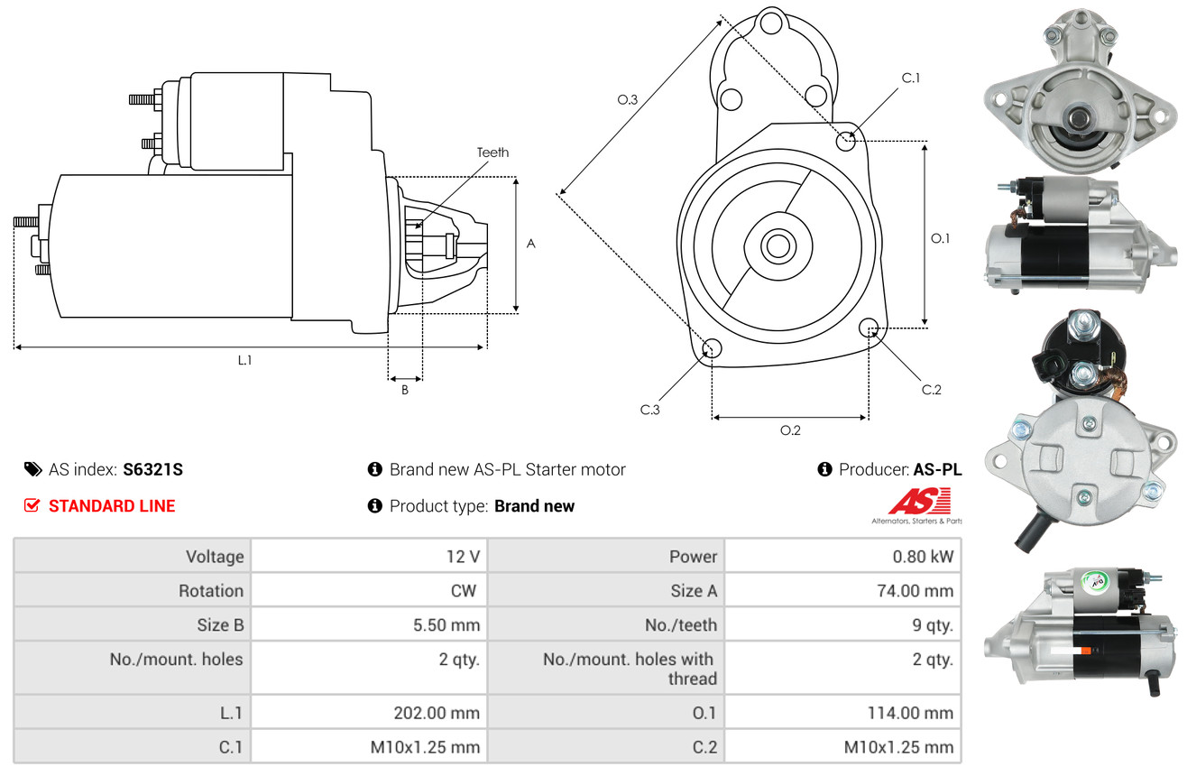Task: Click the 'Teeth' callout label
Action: (492, 152)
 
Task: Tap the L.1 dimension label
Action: (244, 360)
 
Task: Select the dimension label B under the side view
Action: (405, 390)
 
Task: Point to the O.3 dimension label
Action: (628, 100)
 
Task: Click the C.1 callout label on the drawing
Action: (911, 79)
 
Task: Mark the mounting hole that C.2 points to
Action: (869, 328)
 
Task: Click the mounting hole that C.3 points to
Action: (712, 349)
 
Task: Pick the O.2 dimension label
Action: (790, 430)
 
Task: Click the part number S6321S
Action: (153, 469)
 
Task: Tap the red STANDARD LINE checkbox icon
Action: (32, 506)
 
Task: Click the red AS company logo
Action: (919, 501)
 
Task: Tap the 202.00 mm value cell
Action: (436, 713)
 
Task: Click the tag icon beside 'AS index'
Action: (32, 469)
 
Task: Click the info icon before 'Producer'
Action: (824, 469)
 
